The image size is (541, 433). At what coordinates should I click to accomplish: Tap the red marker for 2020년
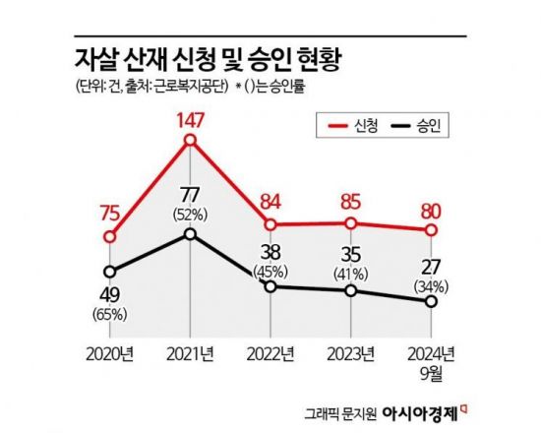pos(111,236)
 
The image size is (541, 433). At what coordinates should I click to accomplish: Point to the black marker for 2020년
pos(111,273)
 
